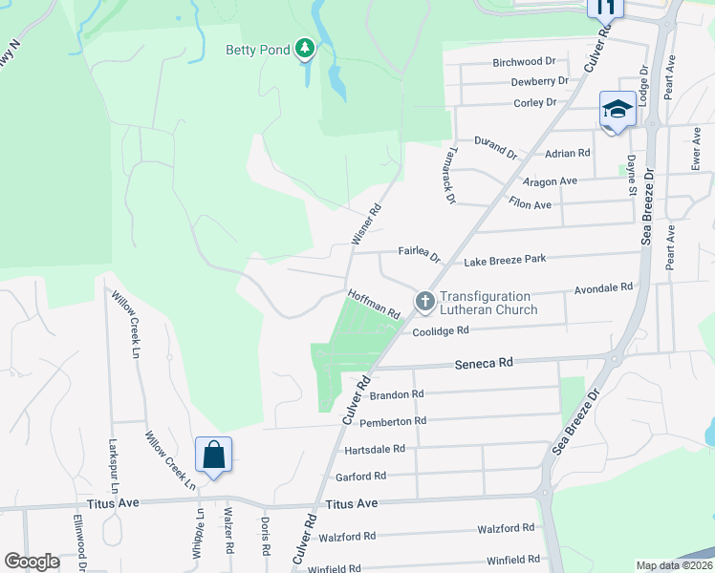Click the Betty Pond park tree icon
pyautogui.click(x=305, y=48)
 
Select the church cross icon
pyautogui.click(x=425, y=302)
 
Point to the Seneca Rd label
pyautogui.click(x=484, y=363)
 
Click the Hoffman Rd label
pyautogui.click(x=374, y=304)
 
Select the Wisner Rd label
pyautogui.click(x=367, y=224)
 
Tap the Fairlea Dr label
pyautogui.click(x=419, y=254)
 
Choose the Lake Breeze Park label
pyautogui.click(x=504, y=260)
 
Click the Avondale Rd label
pyautogui.click(x=603, y=286)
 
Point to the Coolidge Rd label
pyautogui.click(x=441, y=331)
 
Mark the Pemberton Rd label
pyautogui.click(x=393, y=421)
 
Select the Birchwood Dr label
pyautogui.click(x=524, y=62)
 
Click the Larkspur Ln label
pyautogui.click(x=113, y=463)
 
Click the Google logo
pyautogui.click(x=32, y=562)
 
